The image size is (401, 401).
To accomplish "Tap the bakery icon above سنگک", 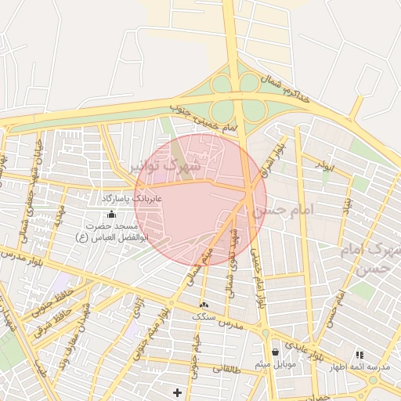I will [x=204, y=304].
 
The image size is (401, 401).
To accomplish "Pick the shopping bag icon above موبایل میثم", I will [x=274, y=352].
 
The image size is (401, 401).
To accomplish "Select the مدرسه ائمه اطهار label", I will [x=363, y=367].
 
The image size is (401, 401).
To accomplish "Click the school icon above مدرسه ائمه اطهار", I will [x=359, y=355].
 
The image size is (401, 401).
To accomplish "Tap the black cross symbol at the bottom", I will [x=177, y=392].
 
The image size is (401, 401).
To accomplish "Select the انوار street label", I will [x=325, y=164].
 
